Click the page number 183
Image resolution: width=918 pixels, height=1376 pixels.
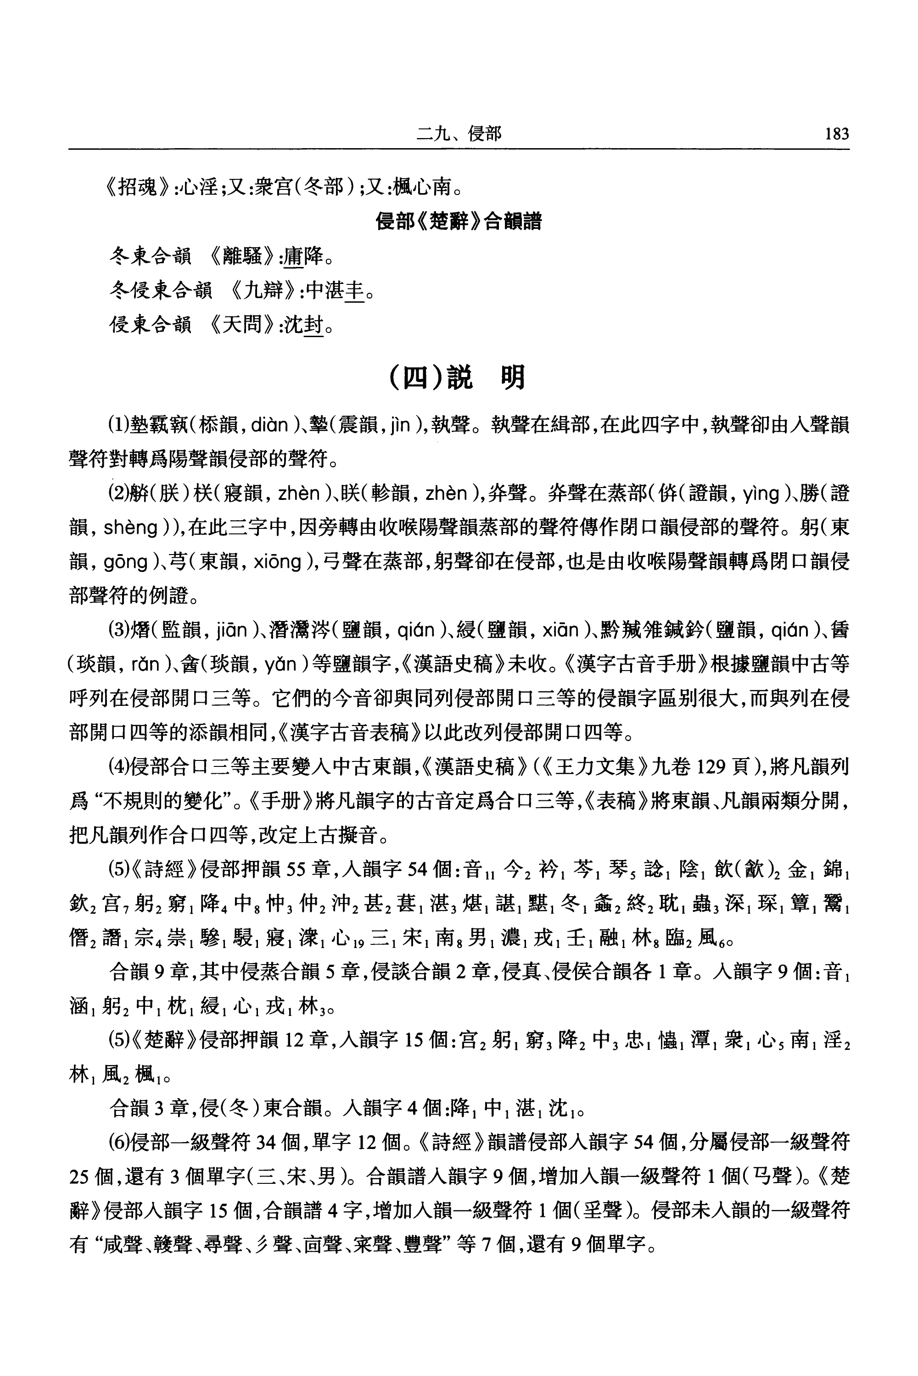pos(836,134)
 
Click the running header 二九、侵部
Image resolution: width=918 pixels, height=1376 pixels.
pos(459,134)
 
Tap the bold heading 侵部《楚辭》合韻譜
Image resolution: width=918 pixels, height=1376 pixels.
pos(459,222)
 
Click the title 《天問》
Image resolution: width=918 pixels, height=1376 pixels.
pos(242,323)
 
